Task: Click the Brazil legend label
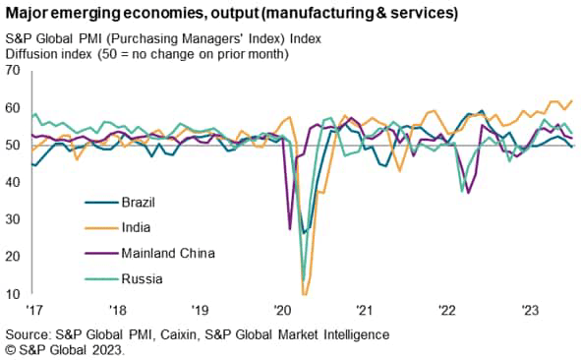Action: [139, 203]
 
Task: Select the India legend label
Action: [135, 227]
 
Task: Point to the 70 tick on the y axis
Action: [13, 71]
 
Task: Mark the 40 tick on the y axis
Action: [13, 182]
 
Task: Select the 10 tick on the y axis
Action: [13, 294]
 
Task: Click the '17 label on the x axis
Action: [37, 308]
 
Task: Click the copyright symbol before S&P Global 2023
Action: [10, 350]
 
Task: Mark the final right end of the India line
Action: [573, 101]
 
